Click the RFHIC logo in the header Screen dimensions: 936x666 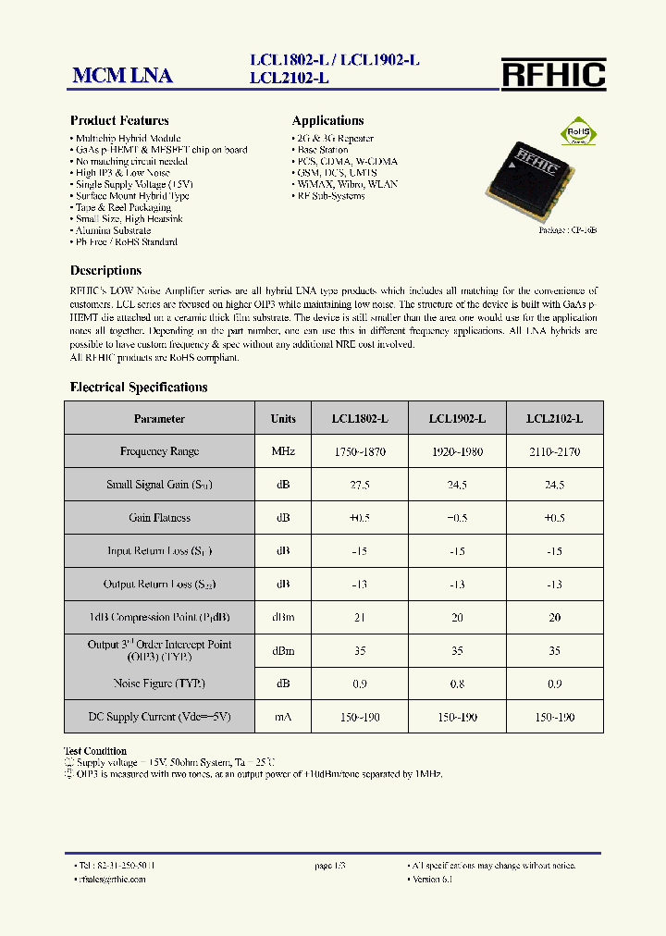click(553, 74)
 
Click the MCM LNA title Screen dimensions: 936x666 click(122, 76)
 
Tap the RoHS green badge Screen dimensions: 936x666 click(578, 132)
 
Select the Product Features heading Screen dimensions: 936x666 click(119, 120)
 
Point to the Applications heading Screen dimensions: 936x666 click(327, 120)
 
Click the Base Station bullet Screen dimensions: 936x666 click(322, 150)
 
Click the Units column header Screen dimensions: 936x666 click(283, 419)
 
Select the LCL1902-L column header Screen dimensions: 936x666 click(457, 419)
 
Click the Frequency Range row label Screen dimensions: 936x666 click(159, 451)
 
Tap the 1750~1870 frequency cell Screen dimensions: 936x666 click(360, 451)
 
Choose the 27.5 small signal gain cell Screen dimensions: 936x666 click(360, 485)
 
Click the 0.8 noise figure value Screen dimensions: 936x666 click(457, 684)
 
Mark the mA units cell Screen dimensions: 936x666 click(283, 717)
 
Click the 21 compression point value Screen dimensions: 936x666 click(360, 618)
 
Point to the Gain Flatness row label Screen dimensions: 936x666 click(159, 518)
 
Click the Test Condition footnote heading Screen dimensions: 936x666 click(95, 751)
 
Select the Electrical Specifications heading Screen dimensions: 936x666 click(139, 388)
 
